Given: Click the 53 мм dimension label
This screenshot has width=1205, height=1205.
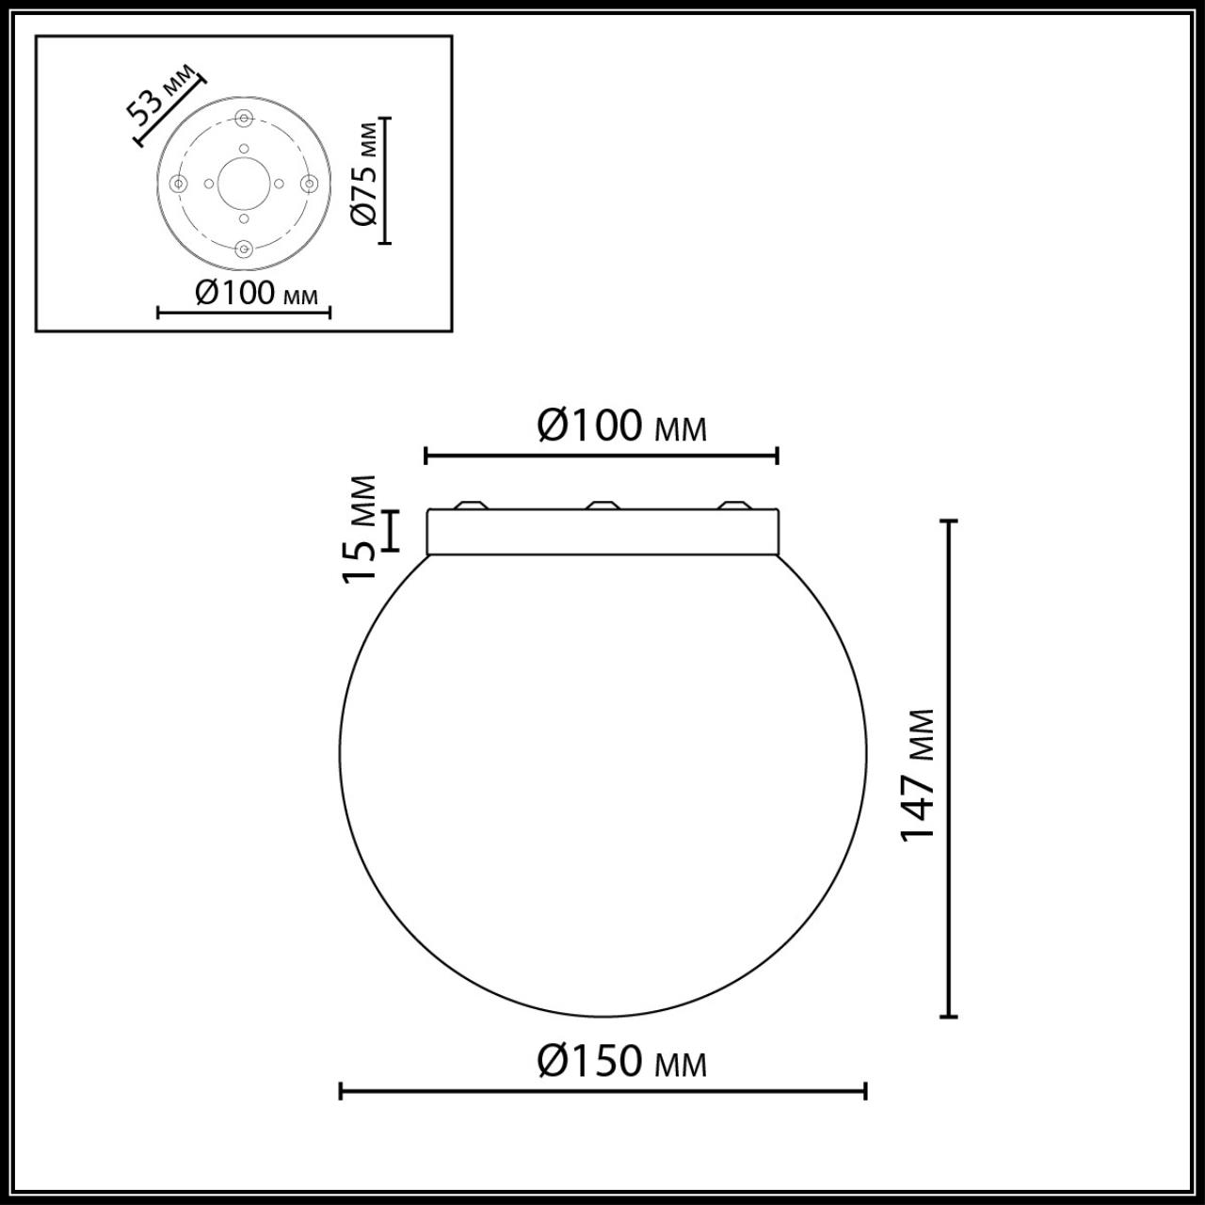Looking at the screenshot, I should coord(163,95).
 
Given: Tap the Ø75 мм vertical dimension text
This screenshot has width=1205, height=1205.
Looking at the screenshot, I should coord(364,174).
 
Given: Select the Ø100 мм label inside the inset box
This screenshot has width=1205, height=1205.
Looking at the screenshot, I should coord(256,293).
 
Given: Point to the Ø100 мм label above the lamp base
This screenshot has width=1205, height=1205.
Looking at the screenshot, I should coord(621,426).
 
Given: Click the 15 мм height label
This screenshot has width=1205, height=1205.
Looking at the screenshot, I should coord(361,529).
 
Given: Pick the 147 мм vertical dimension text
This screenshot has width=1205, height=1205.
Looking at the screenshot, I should coord(918,775).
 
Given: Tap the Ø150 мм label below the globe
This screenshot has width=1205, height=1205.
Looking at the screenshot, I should coord(621,1062).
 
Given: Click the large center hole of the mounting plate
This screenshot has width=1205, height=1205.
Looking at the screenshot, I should coord(244,184).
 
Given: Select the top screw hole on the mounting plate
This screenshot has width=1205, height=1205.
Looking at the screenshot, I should coord(244,119).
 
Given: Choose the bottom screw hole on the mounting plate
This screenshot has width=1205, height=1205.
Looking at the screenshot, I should coord(244,249).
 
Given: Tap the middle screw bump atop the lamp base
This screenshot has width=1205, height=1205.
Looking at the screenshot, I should coord(602,506).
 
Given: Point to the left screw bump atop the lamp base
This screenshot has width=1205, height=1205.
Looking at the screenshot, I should coord(471,506).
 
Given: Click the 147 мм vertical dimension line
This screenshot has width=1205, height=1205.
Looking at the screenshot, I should coord(950,768).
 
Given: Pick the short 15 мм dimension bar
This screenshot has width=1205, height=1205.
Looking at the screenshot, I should coord(393,530).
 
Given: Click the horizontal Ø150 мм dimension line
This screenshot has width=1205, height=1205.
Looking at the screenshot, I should coord(602,1092).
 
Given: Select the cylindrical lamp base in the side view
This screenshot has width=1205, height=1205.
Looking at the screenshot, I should coord(602,532).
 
